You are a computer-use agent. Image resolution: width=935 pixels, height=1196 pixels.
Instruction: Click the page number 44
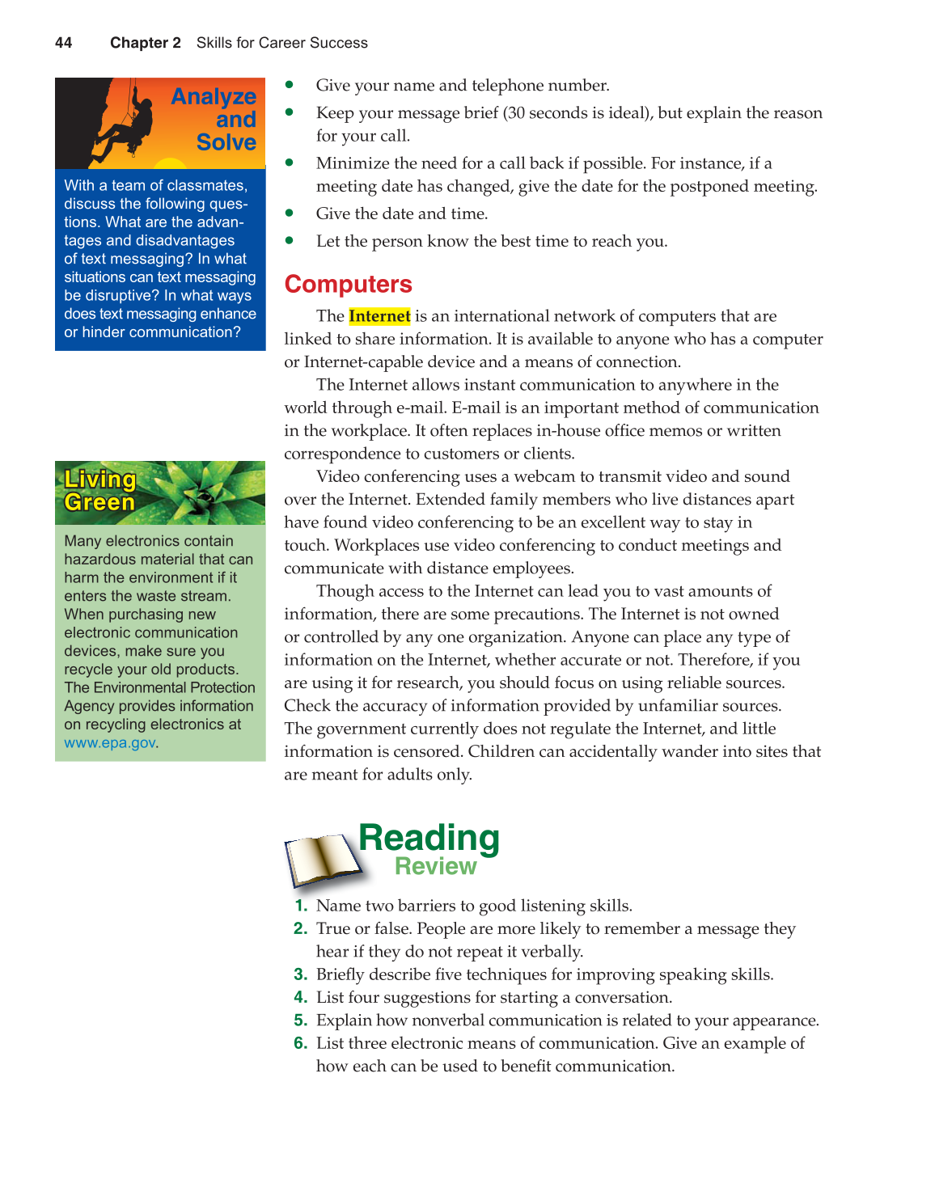(63, 43)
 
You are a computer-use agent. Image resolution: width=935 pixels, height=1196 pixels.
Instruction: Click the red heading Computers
(348, 285)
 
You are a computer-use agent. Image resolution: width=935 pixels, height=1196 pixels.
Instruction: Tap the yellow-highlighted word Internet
(379, 316)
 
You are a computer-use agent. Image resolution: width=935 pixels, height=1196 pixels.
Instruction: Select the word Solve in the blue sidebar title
(226, 142)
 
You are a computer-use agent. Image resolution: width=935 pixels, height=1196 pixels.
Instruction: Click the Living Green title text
(99, 491)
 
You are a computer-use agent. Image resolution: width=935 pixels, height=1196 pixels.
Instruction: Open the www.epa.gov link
(109, 743)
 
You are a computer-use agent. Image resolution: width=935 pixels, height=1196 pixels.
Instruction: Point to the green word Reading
(429, 838)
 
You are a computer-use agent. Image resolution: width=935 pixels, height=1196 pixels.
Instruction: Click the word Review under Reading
(436, 867)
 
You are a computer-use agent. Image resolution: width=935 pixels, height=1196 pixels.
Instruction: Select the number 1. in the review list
(301, 906)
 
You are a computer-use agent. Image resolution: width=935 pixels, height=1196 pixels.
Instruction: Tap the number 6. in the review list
(301, 1043)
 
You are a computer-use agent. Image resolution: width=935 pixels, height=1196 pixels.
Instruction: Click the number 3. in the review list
(301, 974)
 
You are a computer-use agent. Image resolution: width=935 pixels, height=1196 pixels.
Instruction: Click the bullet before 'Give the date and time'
(290, 213)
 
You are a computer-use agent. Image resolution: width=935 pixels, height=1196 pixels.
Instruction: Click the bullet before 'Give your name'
(290, 85)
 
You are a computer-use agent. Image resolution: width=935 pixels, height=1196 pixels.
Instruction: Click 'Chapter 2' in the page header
(146, 43)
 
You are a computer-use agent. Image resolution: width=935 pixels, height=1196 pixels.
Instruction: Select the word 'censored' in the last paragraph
(428, 752)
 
